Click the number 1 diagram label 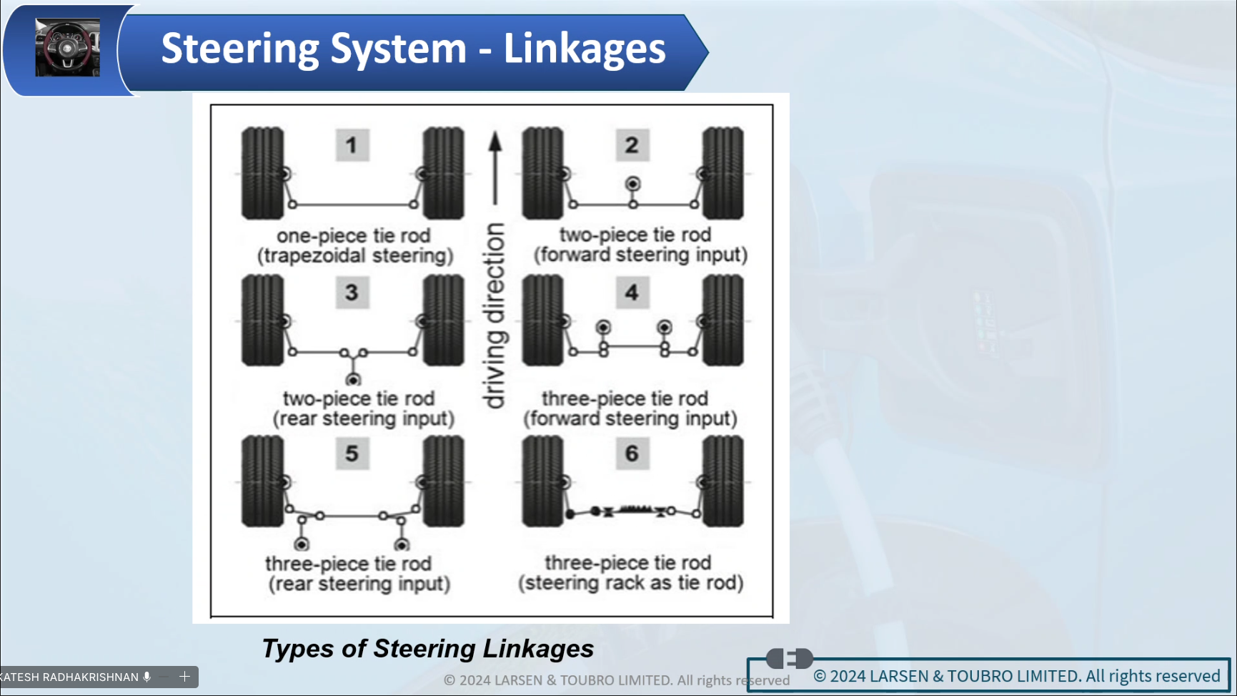[x=352, y=145]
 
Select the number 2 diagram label [x=632, y=145]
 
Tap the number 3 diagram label [x=352, y=293]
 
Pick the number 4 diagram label [x=632, y=293]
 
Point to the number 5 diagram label [x=352, y=454]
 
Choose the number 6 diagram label [x=632, y=454]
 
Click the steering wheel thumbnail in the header [x=68, y=48]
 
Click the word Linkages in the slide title [x=585, y=49]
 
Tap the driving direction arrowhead [x=495, y=141]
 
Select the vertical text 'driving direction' [x=495, y=315]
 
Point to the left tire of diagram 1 [x=262, y=173]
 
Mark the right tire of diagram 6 [x=722, y=481]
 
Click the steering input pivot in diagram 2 [x=632, y=184]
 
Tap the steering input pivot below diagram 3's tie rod [x=353, y=379]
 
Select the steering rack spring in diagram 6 [x=635, y=510]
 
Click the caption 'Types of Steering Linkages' [x=428, y=649]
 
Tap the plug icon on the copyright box [x=789, y=657]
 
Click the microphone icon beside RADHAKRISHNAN [x=147, y=677]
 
